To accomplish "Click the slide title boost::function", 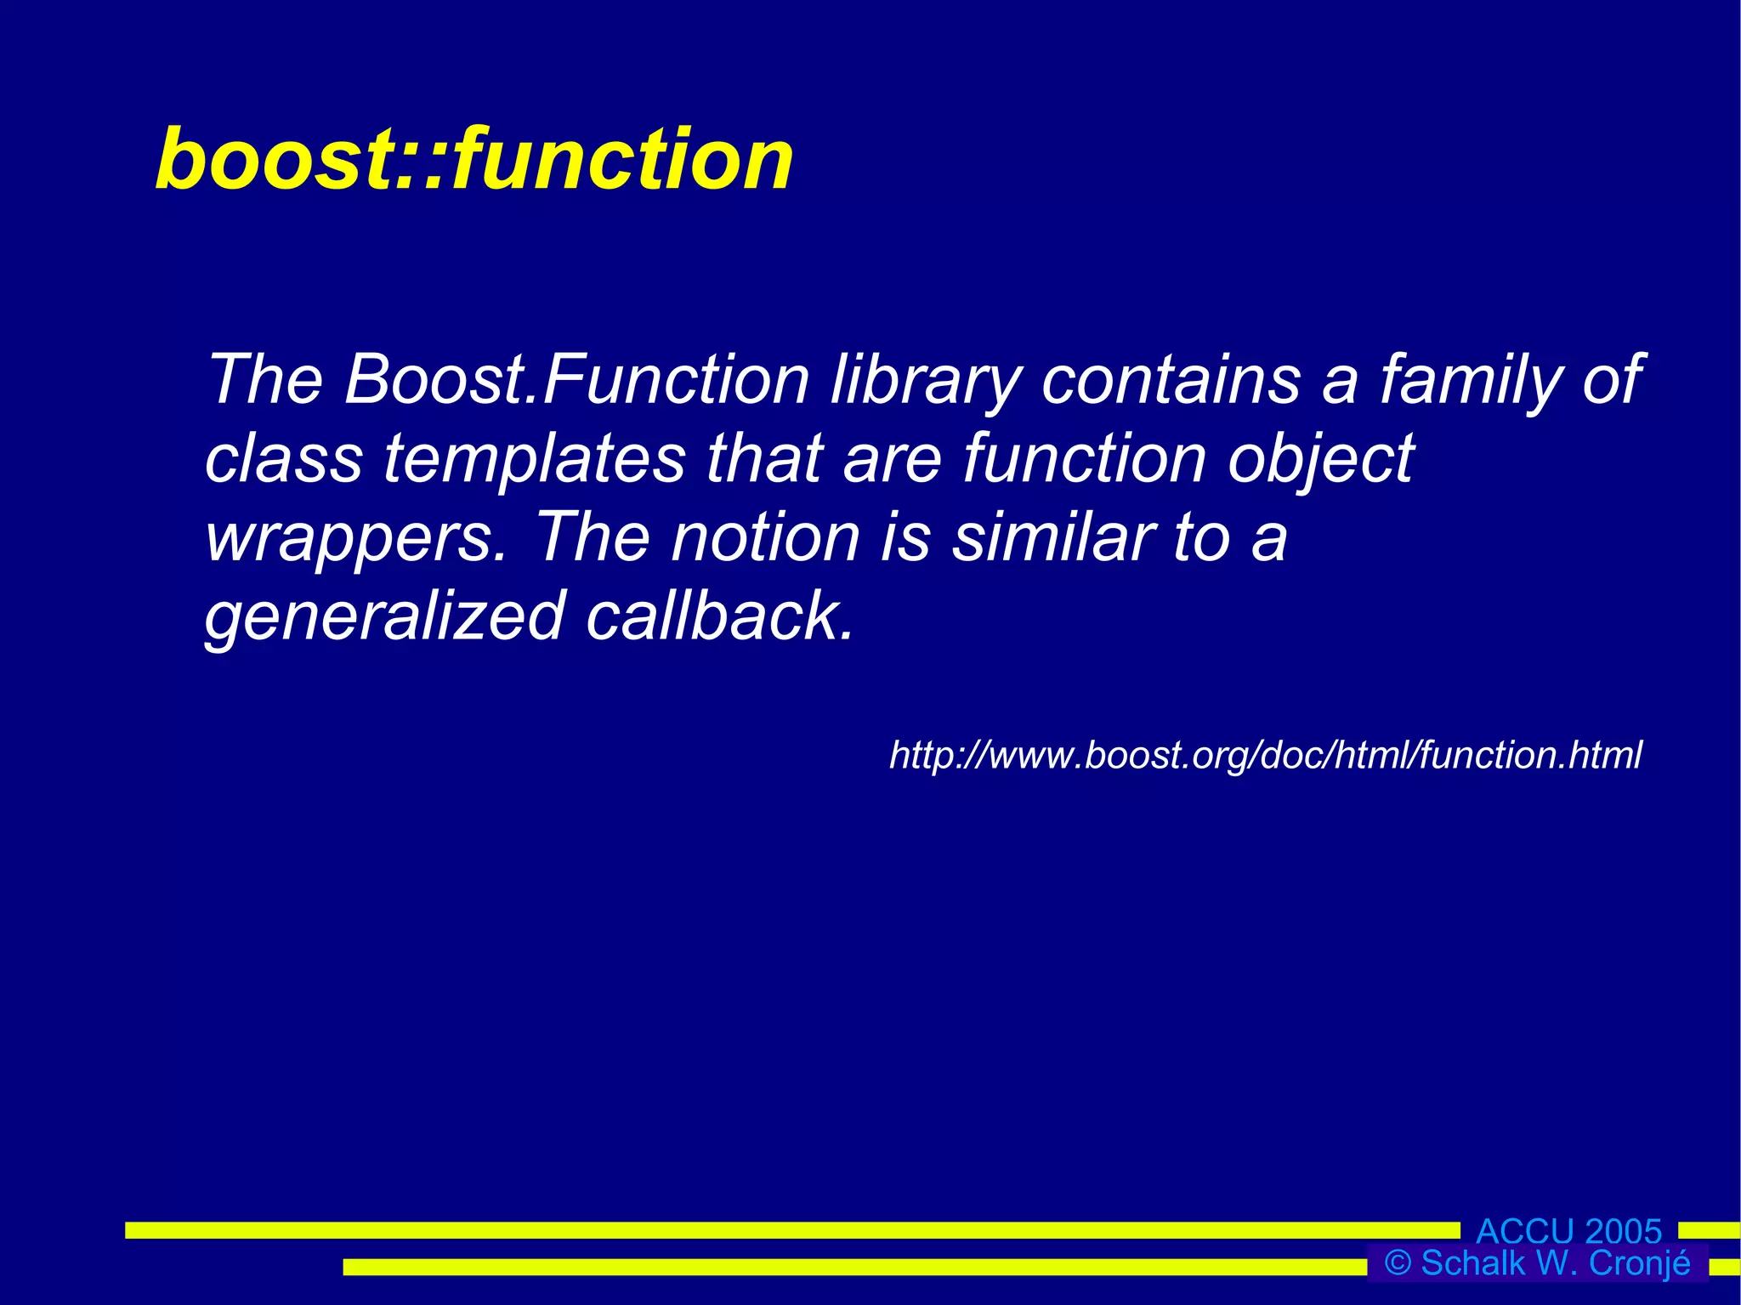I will pos(474,159).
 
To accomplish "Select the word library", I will pos(925,379).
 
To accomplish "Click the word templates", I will pos(534,459).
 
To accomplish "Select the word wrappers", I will pos(355,538).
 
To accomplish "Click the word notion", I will pos(765,538).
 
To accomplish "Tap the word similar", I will pos(1052,538).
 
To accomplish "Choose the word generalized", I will pos(384,616).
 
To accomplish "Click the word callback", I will pos(719,616).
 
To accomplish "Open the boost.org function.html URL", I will pos(1265,755).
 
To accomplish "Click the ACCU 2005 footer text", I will pos(1568,1231).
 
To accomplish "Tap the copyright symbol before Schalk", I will pos(1398,1263).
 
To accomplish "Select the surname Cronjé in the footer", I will pos(1640,1263).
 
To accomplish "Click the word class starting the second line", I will pos(283,459).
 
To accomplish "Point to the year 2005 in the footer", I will pos(1623,1231).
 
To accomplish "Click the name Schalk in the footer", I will pos(1472,1263).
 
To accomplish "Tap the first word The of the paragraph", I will pos(265,379).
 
